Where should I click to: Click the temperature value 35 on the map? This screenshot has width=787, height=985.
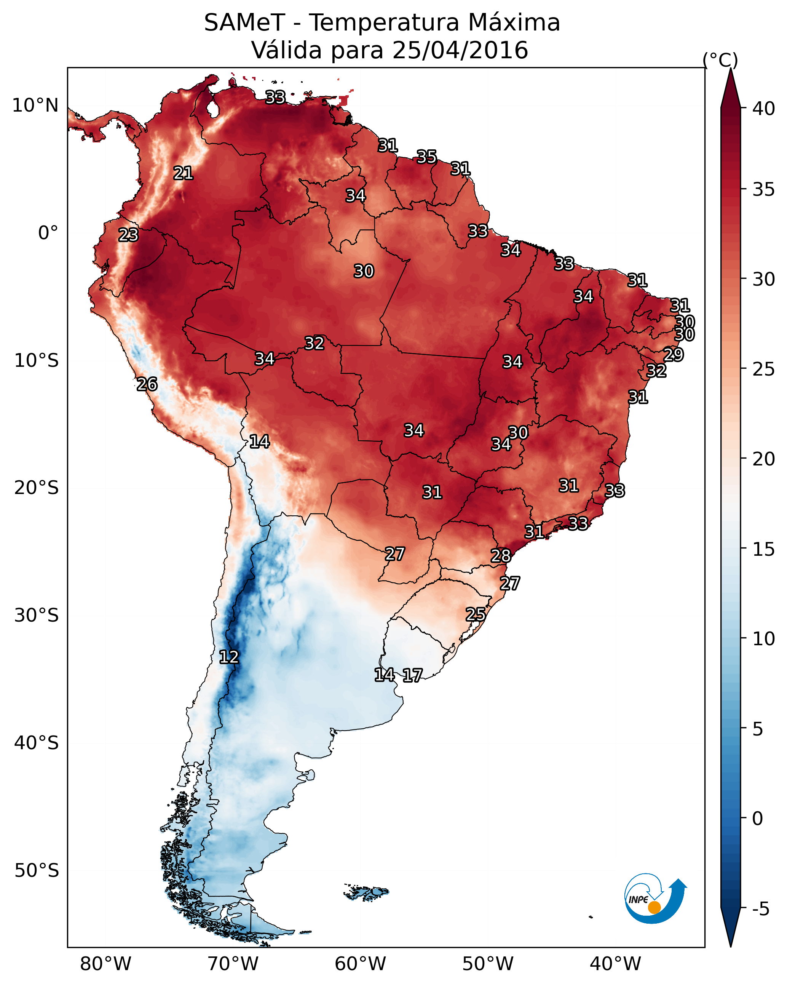[x=426, y=157]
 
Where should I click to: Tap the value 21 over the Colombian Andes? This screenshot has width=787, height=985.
[x=183, y=173]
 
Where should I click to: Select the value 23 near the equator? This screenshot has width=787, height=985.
[x=128, y=235]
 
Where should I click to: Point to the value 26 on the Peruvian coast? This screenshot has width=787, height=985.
[x=147, y=384]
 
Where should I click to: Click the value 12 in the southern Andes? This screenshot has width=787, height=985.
[x=229, y=657]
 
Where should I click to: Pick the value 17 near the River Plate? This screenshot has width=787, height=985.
[x=412, y=675]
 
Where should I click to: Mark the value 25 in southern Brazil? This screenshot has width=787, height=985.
[x=476, y=614]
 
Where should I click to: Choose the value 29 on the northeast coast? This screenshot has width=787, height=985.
[x=673, y=355]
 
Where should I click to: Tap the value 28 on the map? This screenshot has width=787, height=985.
[x=501, y=556]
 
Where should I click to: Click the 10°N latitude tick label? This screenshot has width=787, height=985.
[x=35, y=106]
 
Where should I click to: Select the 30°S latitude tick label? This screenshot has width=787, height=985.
[x=37, y=616]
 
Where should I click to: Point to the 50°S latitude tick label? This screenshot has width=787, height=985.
[x=37, y=870]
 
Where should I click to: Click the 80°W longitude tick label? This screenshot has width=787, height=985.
[x=105, y=964]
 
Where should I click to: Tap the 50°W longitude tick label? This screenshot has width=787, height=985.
[x=488, y=964]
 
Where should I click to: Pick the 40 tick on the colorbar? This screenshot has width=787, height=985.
[x=764, y=109]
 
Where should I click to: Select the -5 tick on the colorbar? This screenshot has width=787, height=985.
[x=760, y=909]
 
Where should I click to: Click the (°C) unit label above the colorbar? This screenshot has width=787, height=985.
[x=720, y=60]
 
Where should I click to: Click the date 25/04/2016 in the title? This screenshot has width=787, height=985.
[x=460, y=50]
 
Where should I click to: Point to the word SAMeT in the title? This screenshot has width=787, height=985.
[x=244, y=23]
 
